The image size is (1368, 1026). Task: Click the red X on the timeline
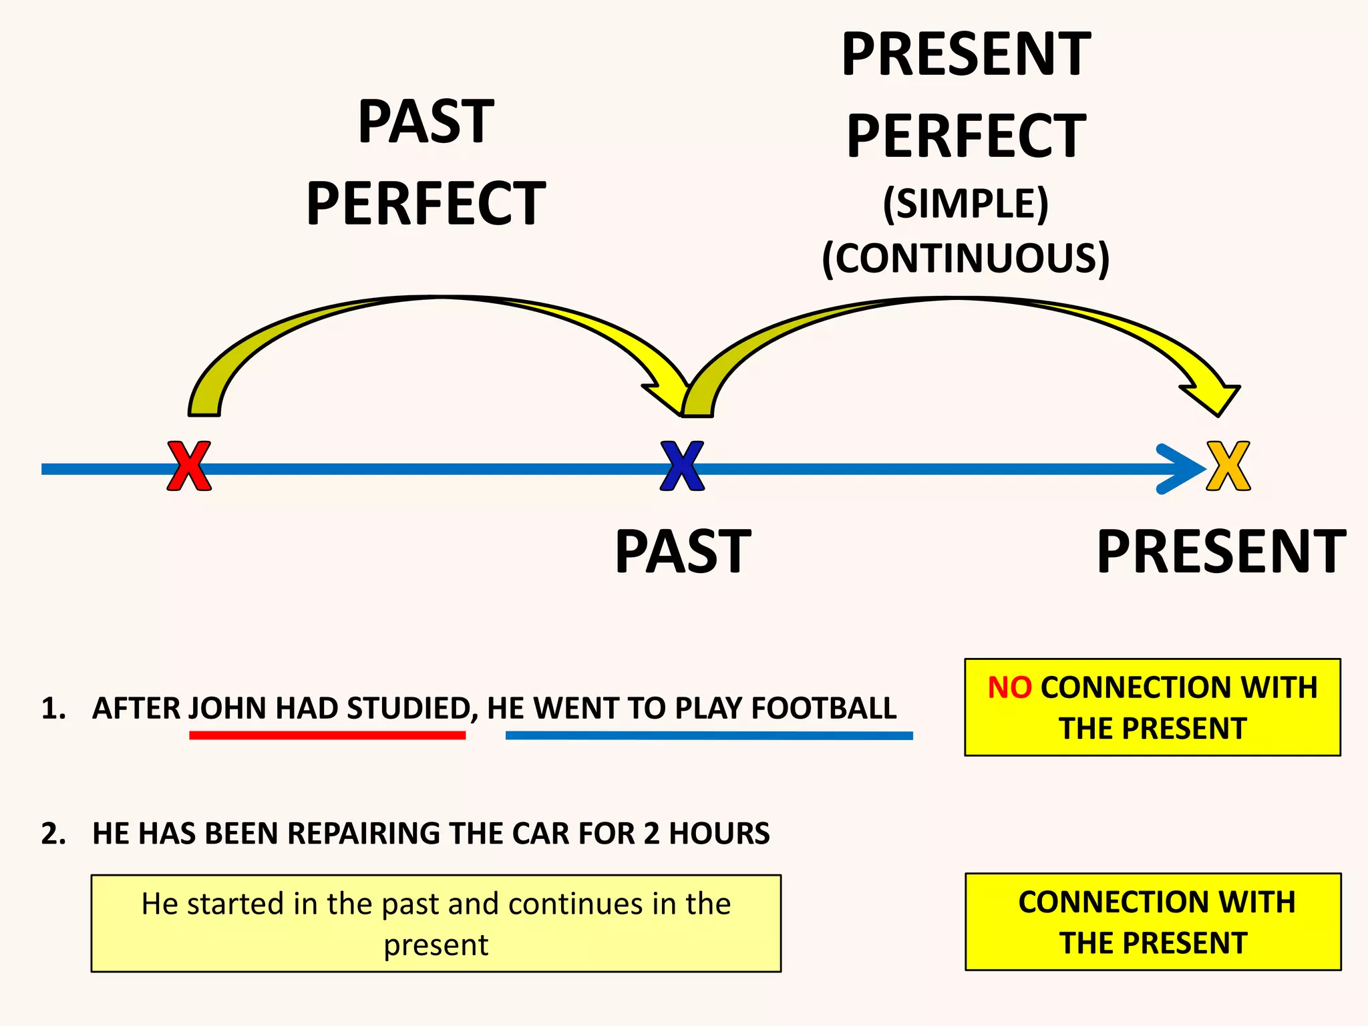189,466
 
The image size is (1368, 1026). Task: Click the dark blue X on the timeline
682,466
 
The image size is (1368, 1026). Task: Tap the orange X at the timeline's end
1228,466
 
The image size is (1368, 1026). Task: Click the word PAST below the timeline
683,552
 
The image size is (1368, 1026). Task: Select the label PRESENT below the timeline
1221,552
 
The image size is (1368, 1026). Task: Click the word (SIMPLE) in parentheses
965,204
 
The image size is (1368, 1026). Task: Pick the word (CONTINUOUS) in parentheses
965,259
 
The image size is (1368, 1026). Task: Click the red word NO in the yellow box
1009,687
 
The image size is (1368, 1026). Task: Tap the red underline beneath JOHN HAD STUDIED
327,735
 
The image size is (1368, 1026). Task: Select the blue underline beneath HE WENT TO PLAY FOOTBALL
709,735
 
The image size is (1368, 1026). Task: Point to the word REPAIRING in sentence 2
364,834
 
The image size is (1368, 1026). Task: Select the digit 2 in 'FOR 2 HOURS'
651,834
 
